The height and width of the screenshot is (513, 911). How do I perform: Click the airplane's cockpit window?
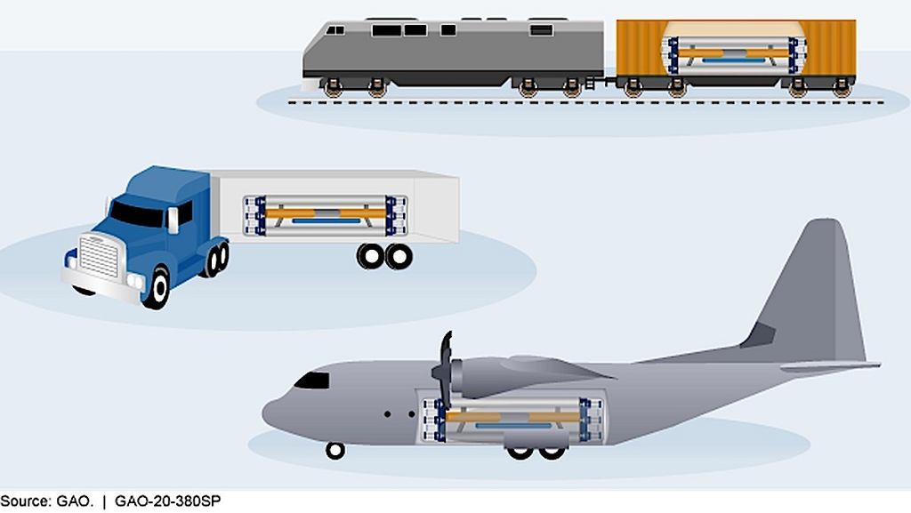tap(312, 381)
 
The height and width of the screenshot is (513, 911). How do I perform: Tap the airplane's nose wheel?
tap(335, 451)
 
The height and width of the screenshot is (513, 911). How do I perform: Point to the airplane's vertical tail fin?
tap(819, 290)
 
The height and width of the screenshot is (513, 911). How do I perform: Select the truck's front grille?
tap(99, 256)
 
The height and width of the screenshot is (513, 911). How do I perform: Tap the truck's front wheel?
tap(157, 287)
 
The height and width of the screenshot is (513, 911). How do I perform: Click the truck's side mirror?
tap(173, 220)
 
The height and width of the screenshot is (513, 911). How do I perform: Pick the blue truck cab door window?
tap(185, 213)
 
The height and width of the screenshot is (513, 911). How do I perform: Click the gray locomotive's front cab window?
tap(335, 29)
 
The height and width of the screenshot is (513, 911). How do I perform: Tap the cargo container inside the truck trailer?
tap(326, 215)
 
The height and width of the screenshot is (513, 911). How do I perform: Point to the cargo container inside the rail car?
tap(736, 55)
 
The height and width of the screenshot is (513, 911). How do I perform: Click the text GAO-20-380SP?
tap(168, 501)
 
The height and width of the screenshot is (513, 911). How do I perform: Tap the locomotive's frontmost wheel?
tap(333, 88)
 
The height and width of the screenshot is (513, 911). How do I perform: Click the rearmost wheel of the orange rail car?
tap(842, 88)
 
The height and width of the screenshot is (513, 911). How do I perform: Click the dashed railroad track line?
tap(585, 102)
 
